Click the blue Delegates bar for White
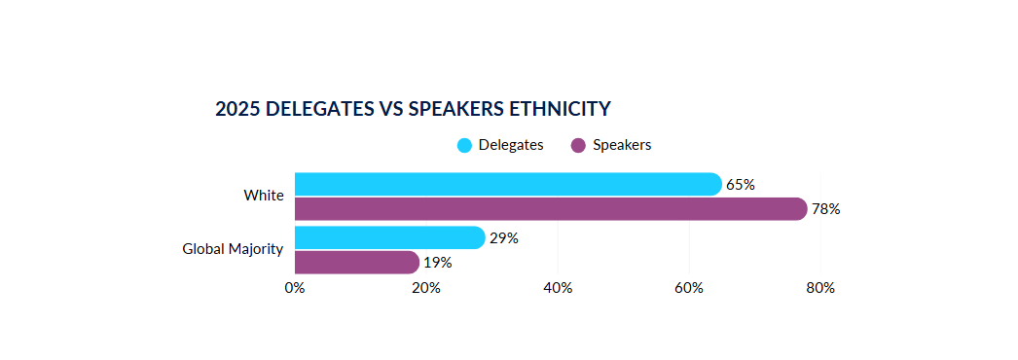click(506, 184)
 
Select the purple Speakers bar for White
click(550, 209)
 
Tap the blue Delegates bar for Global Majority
click(389, 237)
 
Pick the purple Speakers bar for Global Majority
click(356, 263)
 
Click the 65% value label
click(741, 185)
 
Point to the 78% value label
click(826, 209)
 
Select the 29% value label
click(504, 238)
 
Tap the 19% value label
click(438, 263)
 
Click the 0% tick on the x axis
click(294, 288)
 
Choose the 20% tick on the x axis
click(426, 288)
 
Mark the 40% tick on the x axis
click(558, 288)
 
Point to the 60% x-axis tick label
click(689, 288)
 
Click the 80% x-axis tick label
click(820, 288)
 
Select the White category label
click(264, 196)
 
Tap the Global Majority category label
click(234, 249)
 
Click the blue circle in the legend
click(464, 146)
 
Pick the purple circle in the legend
click(578, 146)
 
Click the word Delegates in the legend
click(511, 145)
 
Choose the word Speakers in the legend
click(622, 145)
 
